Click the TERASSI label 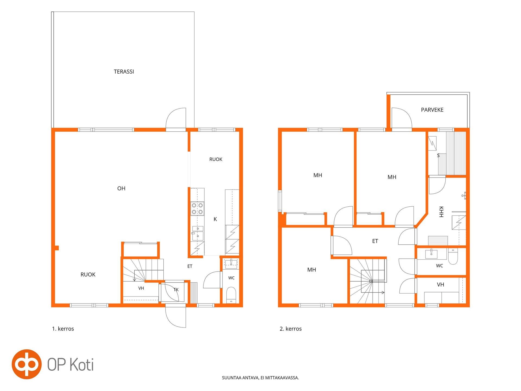124,72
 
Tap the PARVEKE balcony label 432,110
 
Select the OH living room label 121,188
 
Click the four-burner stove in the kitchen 197,209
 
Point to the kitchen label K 215,219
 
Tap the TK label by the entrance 176,290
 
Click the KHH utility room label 441,212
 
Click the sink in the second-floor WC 431,254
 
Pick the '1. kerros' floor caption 63,329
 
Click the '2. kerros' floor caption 291,329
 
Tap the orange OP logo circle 27,364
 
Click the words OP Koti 71,364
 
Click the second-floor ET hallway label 375,241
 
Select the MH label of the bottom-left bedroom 312,270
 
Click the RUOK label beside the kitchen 216,159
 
